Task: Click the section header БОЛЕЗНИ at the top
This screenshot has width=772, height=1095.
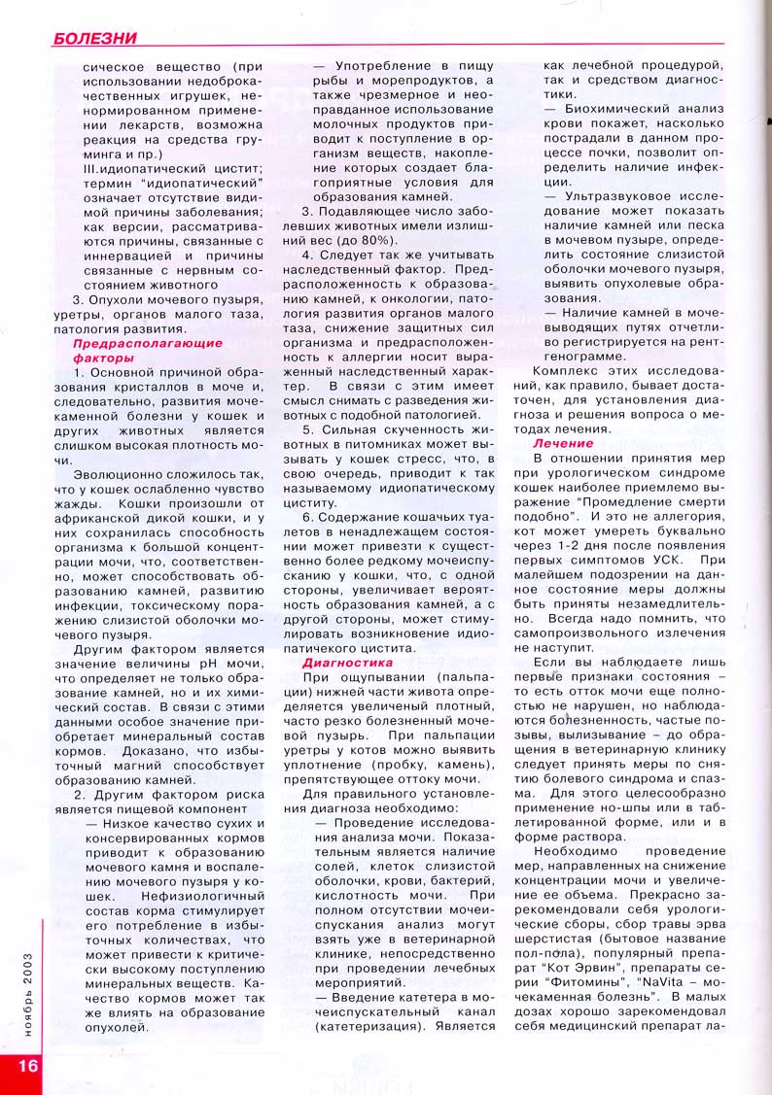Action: (94, 39)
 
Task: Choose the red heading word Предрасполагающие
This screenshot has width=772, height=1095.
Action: (148, 343)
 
